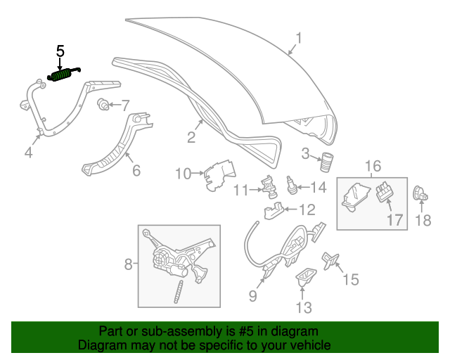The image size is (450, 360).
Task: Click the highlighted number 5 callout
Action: (60, 51)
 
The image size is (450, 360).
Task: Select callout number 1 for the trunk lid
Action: (298, 38)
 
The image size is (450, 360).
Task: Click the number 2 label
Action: (191, 137)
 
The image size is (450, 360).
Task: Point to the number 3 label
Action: (305, 154)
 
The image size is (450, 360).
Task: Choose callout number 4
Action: (28, 152)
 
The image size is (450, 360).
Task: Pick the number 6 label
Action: (136, 169)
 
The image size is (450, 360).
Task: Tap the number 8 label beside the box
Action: (129, 264)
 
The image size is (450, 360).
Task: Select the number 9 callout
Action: (252, 296)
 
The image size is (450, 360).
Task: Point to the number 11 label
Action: (241, 190)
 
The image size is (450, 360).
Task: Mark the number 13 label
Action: (302, 307)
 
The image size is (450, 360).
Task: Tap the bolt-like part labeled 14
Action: (290, 188)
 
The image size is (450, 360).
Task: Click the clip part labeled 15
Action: (330, 260)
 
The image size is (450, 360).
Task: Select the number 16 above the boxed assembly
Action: (372, 167)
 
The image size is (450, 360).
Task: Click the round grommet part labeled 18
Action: (419, 191)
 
